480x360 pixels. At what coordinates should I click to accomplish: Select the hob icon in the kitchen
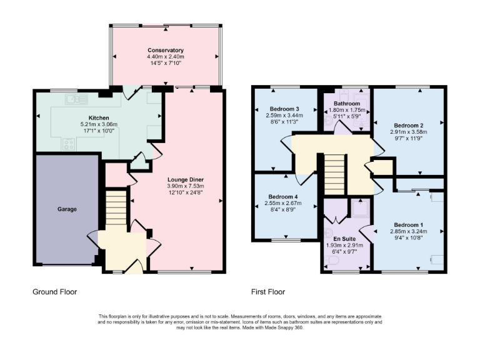point(68,143)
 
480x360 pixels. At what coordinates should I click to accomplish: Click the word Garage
point(67,209)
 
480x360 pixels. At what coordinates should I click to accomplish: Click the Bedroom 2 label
point(409,124)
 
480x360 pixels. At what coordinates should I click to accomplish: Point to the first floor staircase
point(335,175)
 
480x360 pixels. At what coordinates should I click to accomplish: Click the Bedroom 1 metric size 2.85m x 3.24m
point(409,231)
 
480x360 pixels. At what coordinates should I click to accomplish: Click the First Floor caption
point(267,292)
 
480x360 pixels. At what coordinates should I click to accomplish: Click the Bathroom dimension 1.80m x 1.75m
point(346,110)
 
